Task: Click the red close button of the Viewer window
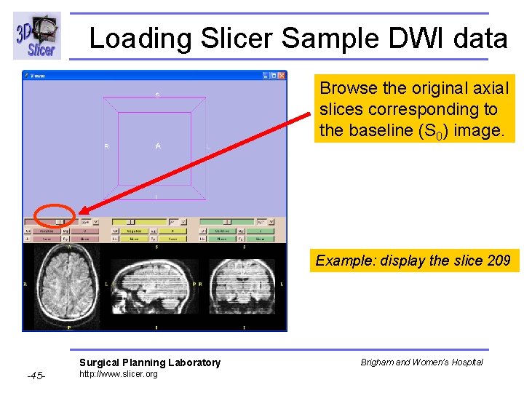[282, 75]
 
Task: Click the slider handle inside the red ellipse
[60, 221]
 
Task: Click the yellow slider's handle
[130, 221]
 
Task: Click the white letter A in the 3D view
[157, 146]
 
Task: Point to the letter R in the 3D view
[106, 146]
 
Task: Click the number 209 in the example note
[498, 261]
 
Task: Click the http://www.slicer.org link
[118, 374]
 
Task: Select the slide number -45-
[36, 376]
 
